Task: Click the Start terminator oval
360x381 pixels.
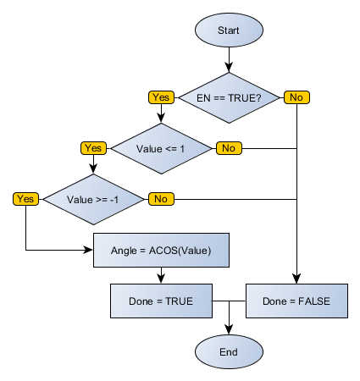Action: tap(229, 30)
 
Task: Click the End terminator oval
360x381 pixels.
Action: tap(229, 351)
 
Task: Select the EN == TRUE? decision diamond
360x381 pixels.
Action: tap(229, 97)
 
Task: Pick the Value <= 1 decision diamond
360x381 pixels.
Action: tap(161, 148)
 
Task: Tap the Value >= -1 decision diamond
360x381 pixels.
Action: tap(93, 199)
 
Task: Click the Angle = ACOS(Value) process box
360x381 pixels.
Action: tap(161, 250)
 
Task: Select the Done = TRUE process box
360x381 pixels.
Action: tap(161, 301)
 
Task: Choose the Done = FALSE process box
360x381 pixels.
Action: tap(296, 301)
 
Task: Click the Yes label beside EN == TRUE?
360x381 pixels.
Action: tap(160, 97)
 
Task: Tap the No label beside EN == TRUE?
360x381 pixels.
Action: tap(296, 97)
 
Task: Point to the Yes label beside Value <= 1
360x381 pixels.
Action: tap(92, 148)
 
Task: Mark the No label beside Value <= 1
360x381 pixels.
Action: tap(228, 148)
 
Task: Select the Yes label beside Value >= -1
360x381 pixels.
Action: tap(25, 199)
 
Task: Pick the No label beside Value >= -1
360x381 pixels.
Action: tap(160, 199)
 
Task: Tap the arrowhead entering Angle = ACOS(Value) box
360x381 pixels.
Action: tap(89, 250)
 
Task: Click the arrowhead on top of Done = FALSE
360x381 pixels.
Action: tap(296, 279)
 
